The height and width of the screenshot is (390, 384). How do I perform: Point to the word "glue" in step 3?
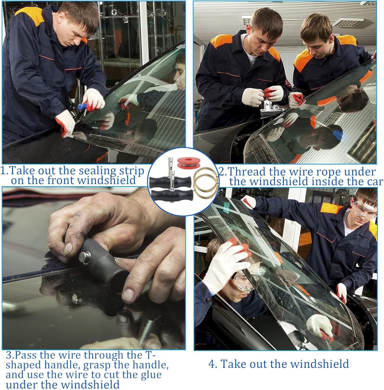148,375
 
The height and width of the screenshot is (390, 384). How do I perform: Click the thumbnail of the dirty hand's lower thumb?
128,295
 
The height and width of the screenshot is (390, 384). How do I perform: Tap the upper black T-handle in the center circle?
167,180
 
